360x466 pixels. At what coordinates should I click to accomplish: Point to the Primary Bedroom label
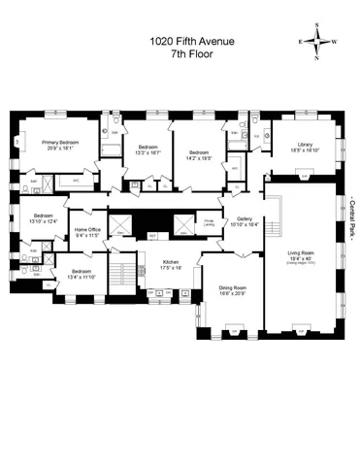click(x=60, y=143)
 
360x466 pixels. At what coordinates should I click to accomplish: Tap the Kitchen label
click(x=171, y=262)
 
